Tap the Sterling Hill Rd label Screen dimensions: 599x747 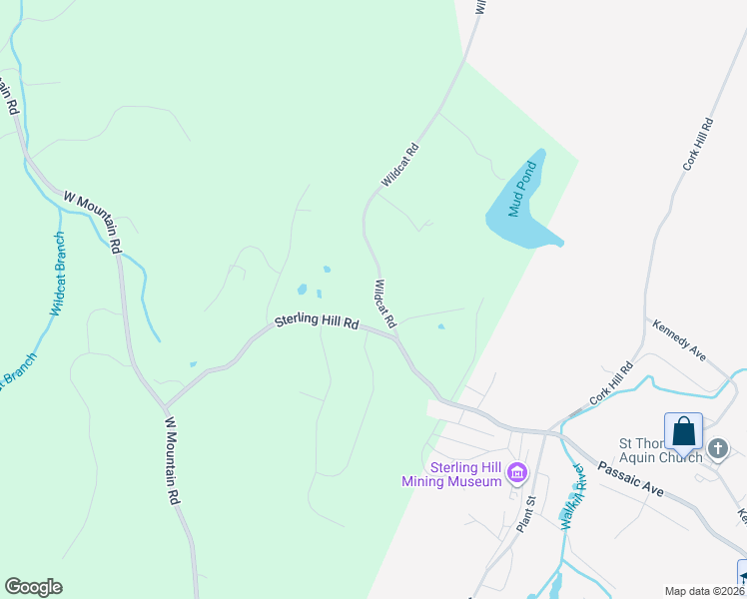coord(317,323)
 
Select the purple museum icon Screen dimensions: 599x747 coord(517,471)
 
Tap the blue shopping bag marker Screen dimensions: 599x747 coord(684,432)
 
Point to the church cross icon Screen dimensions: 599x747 coord(717,450)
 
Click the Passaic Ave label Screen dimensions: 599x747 coord(631,478)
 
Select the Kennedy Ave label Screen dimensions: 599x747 coord(679,339)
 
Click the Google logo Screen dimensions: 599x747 coord(33,587)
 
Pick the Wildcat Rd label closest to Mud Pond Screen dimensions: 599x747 coord(398,166)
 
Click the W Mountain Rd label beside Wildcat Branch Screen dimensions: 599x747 coord(93,220)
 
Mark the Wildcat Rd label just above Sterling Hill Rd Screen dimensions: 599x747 coord(384,304)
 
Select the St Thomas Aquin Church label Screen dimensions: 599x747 coord(660,450)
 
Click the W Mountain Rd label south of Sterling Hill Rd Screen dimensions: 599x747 coord(173,460)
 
